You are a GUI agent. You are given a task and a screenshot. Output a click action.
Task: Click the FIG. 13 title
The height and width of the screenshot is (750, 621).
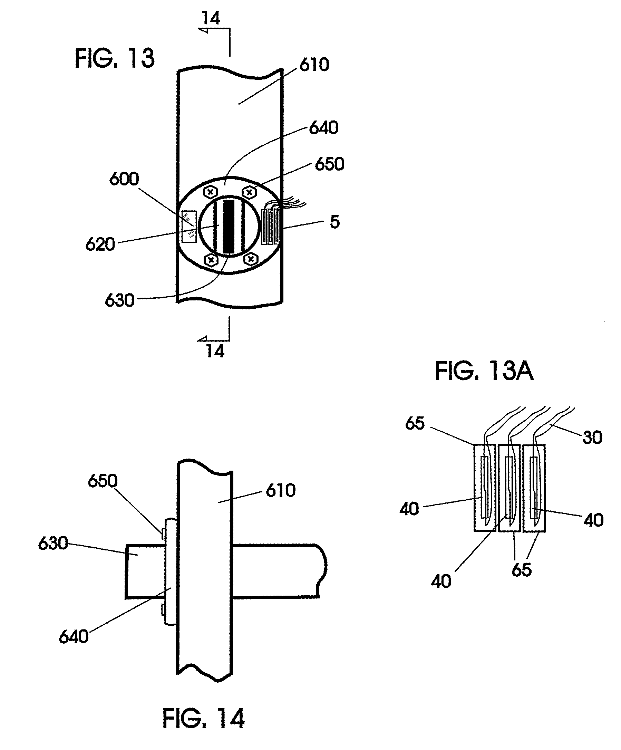[115, 59]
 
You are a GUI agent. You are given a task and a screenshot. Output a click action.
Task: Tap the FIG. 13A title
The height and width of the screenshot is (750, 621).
[484, 372]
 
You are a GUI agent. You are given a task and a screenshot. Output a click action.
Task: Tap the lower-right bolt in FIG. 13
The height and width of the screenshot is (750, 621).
[251, 259]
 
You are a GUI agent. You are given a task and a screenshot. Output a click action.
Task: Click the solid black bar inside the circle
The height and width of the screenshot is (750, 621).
[227, 226]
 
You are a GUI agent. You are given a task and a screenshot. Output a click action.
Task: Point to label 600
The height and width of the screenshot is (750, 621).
[124, 179]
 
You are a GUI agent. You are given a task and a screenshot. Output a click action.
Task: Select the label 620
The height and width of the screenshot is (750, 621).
[100, 244]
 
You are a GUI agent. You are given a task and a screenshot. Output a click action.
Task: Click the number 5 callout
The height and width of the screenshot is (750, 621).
[334, 222]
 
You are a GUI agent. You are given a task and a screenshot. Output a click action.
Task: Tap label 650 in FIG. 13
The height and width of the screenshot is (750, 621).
[329, 164]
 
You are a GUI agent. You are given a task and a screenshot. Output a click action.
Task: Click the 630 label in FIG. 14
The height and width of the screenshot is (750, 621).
[53, 544]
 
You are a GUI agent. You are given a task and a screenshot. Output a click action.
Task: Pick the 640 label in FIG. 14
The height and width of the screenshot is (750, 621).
[74, 637]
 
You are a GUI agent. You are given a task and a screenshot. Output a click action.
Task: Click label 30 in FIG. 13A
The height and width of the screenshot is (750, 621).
[592, 437]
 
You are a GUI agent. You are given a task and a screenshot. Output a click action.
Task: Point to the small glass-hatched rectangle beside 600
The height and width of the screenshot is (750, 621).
[189, 227]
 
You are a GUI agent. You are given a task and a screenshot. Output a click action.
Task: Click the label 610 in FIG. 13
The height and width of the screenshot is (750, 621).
[314, 65]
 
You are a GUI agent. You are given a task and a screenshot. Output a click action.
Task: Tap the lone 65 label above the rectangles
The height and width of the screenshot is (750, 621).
[415, 424]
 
